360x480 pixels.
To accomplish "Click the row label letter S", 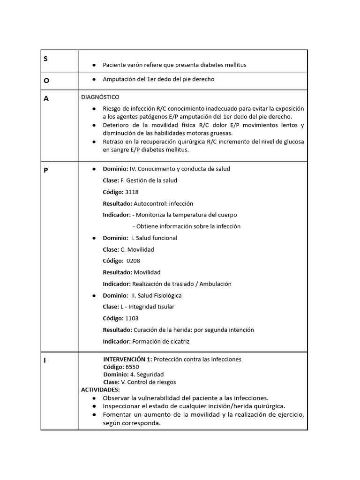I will (46, 59).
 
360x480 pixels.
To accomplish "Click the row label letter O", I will (46, 80).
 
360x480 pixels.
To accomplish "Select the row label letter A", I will (46, 98).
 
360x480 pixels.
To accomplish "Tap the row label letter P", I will (46, 170).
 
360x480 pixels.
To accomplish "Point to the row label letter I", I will (45, 360).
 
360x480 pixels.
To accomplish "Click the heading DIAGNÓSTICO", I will (100, 97).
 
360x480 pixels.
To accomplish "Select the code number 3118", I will (132, 192).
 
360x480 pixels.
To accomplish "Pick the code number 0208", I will (133, 261).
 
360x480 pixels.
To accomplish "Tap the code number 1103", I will (132, 318).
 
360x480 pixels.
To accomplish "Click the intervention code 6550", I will (132, 367).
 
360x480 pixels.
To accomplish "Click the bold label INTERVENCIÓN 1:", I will (127, 359).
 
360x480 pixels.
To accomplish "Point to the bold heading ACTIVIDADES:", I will (100, 390).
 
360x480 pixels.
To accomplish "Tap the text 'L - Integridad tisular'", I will (147, 307).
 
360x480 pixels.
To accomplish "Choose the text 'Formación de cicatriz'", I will (161, 341).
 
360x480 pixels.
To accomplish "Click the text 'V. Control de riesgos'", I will (149, 382).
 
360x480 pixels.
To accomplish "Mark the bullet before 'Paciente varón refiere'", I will (94, 65).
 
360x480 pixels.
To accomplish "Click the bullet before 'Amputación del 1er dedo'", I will (94, 79).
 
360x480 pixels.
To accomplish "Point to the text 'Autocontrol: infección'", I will (163, 203).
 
